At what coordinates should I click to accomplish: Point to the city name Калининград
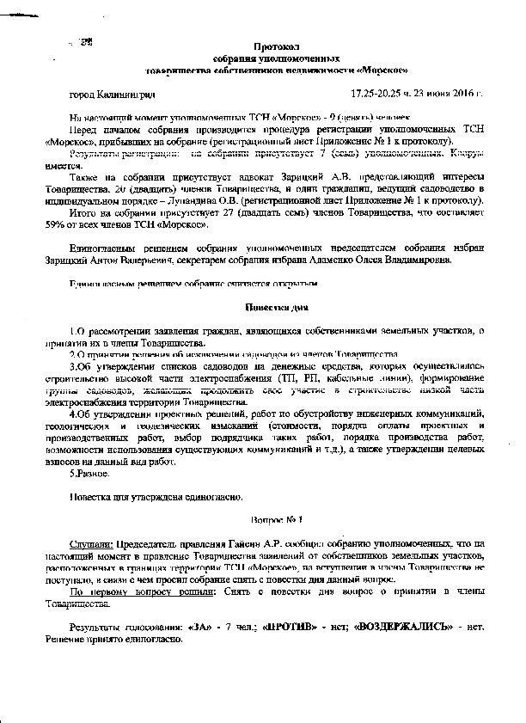[x=126, y=93]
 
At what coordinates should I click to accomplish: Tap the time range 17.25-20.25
[x=382, y=93]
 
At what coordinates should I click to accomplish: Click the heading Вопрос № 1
[x=275, y=519]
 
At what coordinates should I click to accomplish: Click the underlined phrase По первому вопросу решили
[x=136, y=593]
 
